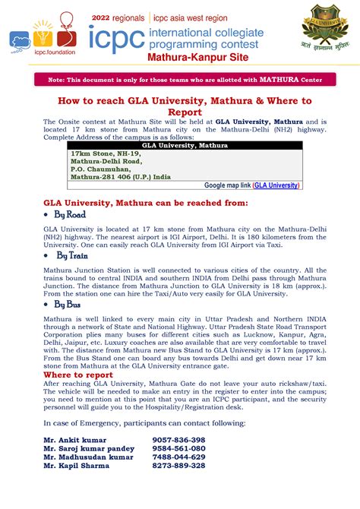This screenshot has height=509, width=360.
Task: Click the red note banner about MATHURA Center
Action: pos(179,79)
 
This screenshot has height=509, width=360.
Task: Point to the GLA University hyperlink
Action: pos(276,185)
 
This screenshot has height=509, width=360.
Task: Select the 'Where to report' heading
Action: pos(78,375)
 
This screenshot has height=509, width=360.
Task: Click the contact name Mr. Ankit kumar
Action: pos(75,440)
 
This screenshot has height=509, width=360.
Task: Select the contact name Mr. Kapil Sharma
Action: pos(77,465)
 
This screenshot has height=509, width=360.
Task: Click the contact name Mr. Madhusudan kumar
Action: pos(88,457)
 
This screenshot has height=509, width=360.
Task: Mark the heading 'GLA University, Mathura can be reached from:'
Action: pos(145,203)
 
